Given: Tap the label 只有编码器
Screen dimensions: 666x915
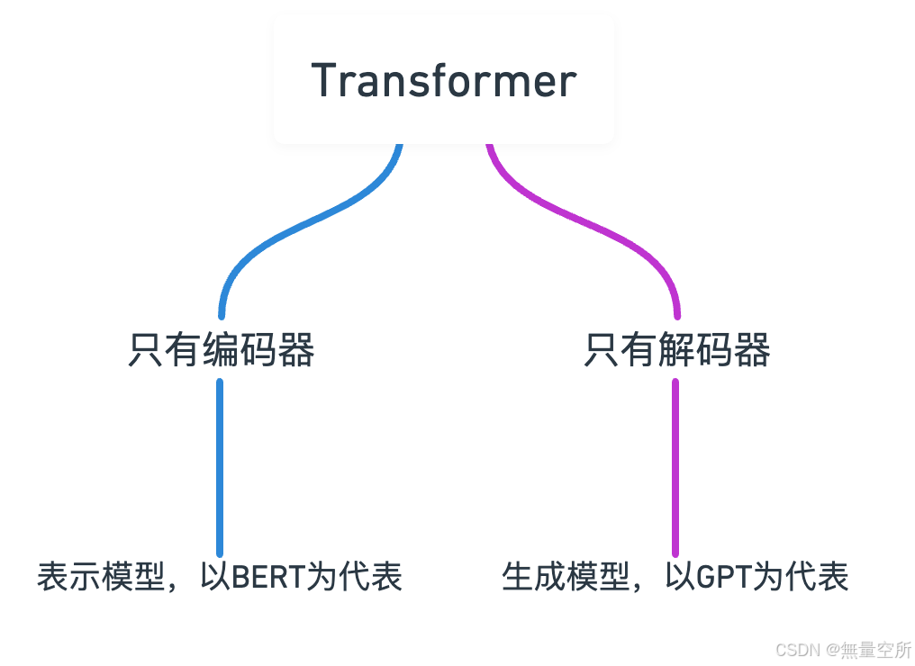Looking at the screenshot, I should tap(221, 350).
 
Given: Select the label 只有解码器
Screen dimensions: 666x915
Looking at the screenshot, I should tap(676, 350).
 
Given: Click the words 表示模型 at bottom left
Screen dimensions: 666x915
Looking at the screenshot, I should tap(100, 577).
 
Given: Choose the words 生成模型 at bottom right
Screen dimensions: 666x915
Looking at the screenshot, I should tap(565, 577).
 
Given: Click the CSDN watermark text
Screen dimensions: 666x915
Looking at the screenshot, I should tap(794, 650).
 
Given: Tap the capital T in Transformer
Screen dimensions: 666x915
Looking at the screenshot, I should tap(324, 81).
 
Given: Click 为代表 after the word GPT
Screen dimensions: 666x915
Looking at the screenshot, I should tap(800, 577).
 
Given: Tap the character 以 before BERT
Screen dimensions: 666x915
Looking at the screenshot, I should tap(216, 577).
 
